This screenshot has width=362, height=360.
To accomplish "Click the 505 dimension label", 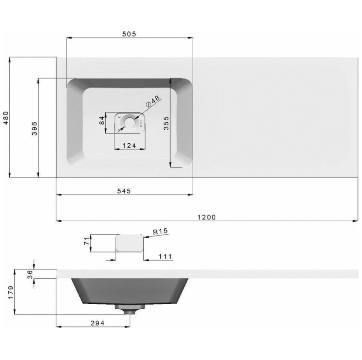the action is click(x=129, y=34).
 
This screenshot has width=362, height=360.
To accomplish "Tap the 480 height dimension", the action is click(x=6, y=117).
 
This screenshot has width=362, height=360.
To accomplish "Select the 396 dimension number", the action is click(x=34, y=128).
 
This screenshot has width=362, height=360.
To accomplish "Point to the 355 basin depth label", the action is click(x=166, y=123).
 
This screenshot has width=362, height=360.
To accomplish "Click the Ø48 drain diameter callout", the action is click(x=153, y=102).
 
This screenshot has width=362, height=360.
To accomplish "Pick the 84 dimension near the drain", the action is click(x=102, y=120).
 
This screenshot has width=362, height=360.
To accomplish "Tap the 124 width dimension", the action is click(x=129, y=145).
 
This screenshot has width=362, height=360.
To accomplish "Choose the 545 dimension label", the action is click(x=124, y=191).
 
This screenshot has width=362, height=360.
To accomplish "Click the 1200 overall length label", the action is click(x=207, y=217).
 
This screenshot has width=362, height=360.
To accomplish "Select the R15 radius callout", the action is click(x=160, y=231).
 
